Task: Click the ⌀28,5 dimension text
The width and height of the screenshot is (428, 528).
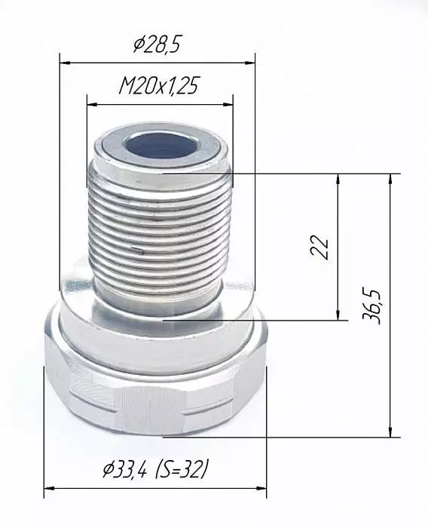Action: (x=157, y=45)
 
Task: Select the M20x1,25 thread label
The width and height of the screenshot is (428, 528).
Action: (x=160, y=85)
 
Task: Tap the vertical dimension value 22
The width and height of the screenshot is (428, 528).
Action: (x=319, y=247)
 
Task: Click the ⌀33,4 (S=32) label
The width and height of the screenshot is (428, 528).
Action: (x=154, y=469)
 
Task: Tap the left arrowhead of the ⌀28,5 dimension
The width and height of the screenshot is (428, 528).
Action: (x=65, y=63)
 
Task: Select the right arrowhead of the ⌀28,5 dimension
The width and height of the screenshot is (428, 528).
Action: (x=249, y=63)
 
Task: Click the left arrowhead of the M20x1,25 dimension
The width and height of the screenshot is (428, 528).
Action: (x=92, y=105)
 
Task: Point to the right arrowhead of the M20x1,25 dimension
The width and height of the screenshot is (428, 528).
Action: (x=228, y=105)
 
